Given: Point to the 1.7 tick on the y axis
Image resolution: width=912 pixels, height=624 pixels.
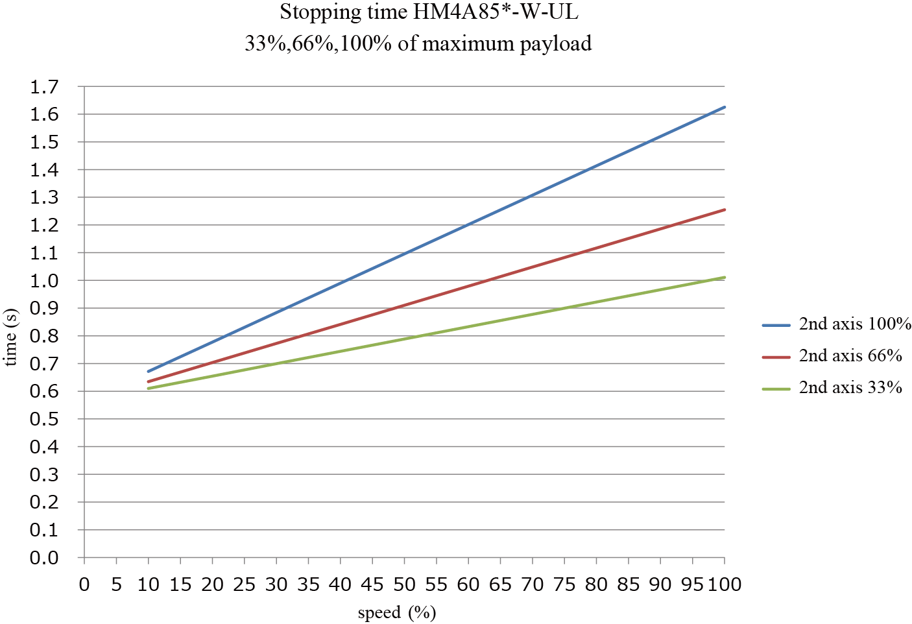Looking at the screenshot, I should [x=44, y=87].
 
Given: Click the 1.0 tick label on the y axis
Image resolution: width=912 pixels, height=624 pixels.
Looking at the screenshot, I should [x=44, y=281].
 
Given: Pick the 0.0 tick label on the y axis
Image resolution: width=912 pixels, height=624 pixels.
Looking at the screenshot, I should [x=44, y=558].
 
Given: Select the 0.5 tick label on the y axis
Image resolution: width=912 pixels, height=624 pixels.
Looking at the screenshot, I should [x=44, y=419].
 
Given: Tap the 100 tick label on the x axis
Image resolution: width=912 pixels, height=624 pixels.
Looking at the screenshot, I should [x=724, y=584].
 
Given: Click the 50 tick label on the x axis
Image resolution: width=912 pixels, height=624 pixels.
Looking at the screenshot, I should [x=404, y=584].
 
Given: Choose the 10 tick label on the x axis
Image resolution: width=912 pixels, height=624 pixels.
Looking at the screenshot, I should [x=149, y=584].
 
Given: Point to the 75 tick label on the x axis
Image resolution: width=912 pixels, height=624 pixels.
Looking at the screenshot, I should [x=564, y=584].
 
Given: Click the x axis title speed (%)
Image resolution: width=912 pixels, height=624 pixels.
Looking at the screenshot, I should [x=396, y=612].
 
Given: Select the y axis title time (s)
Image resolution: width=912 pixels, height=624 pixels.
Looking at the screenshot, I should [x=11, y=337].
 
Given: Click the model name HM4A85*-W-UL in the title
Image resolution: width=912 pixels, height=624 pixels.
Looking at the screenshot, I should [x=496, y=12].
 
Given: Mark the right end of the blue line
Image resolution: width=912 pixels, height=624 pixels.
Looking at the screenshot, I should [x=724, y=107].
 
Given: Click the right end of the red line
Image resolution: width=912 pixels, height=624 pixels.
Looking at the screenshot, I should [x=724, y=210].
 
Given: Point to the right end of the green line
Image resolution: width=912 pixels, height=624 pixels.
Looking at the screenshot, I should [x=724, y=278].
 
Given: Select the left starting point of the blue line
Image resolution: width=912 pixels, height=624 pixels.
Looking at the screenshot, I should [x=149, y=372].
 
